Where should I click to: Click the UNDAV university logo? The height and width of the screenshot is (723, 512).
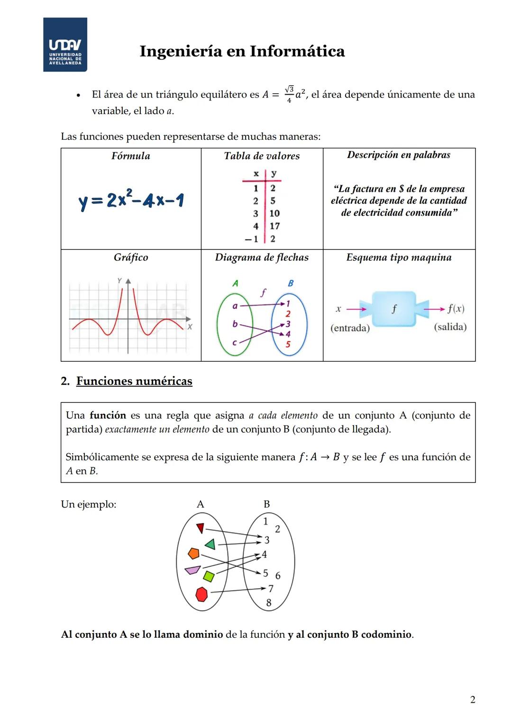[x=65, y=45]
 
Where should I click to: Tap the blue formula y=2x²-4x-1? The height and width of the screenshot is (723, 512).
[x=131, y=201]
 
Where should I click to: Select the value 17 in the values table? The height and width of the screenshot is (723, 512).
[x=274, y=226]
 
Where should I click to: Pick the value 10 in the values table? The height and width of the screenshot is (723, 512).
[x=274, y=214]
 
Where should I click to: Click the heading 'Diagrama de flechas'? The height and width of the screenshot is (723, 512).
[x=262, y=258]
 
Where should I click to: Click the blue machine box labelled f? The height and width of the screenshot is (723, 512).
[x=393, y=309]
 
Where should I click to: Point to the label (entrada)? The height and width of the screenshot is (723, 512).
[x=350, y=328]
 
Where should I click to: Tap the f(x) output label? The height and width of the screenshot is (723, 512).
[x=456, y=309]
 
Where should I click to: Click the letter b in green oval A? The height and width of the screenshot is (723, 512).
[x=235, y=324]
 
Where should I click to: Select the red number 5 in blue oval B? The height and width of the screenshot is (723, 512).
[x=288, y=345]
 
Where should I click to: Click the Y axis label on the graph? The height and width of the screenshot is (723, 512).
[x=119, y=280]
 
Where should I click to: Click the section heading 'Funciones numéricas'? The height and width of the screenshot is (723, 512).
[x=134, y=381]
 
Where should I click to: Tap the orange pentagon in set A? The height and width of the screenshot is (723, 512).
[x=193, y=553]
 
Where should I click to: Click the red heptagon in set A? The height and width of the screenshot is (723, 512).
[x=201, y=594]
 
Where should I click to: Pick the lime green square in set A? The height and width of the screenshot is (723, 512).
[x=209, y=576]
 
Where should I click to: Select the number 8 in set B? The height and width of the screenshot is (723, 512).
[x=269, y=603]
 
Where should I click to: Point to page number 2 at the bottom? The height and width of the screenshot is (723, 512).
[x=472, y=699]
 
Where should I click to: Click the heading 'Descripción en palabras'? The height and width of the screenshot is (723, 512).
[x=399, y=155]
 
